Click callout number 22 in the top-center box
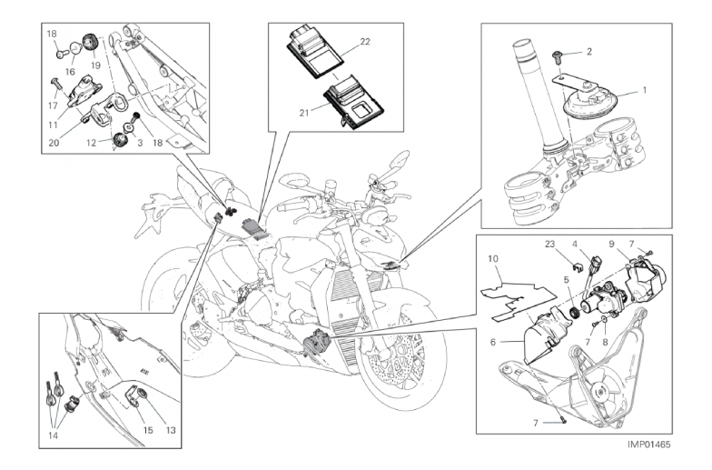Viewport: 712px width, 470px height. coord(364,42)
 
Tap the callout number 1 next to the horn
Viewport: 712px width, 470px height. coord(646,90)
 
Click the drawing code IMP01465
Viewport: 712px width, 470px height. coord(648,445)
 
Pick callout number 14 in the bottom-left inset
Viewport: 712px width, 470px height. coord(51,435)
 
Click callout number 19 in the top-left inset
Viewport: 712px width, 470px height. coord(94,65)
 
